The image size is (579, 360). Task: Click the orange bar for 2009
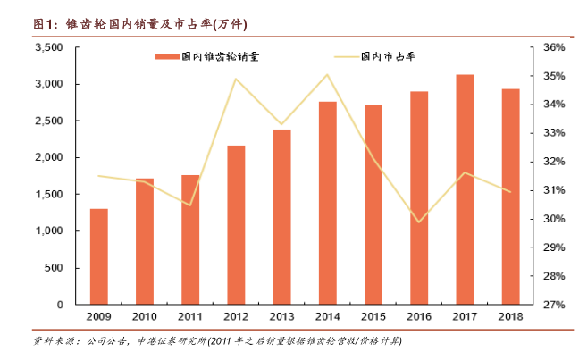tap(99, 257)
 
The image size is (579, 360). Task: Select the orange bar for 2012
tap(237, 225)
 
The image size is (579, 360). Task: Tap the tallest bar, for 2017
tap(466, 189)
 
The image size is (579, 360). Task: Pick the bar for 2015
tap(373, 205)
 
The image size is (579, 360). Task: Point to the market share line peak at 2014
tap(328, 74)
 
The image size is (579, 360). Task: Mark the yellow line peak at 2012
tap(236, 79)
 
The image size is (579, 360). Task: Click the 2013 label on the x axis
tap(281, 318)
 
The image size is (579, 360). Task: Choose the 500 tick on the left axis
tap(55, 268)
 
